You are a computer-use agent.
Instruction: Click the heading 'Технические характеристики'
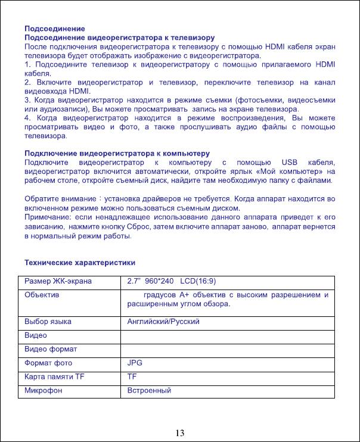point(79,263)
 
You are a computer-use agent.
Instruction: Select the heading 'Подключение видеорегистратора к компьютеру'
point(116,154)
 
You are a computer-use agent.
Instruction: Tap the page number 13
point(179,432)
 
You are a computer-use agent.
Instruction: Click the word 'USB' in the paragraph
point(287,163)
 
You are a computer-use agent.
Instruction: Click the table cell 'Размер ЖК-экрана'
point(58,281)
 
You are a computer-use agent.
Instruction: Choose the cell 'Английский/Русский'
point(163,322)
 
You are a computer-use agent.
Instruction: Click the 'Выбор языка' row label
point(48,322)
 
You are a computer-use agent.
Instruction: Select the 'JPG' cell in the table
point(135,363)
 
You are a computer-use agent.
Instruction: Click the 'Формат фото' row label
point(48,363)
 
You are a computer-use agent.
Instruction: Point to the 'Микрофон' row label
point(44,390)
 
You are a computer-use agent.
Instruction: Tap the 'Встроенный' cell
point(150,390)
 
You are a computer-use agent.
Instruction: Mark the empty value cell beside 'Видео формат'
point(228,349)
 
